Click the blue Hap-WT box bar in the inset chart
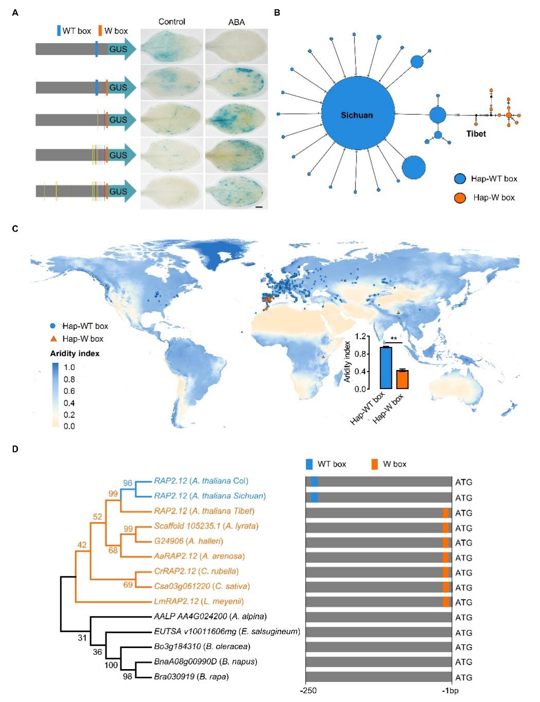(386, 368)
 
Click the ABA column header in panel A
(236, 22)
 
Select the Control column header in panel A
(172, 22)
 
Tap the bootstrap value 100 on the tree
(111, 665)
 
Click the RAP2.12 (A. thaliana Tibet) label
(204, 511)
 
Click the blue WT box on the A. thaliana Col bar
(314, 482)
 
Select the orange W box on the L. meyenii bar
(446, 602)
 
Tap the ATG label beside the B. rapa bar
(463, 677)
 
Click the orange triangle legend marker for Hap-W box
(53, 339)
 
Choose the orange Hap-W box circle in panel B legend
(461, 198)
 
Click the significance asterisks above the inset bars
(394, 339)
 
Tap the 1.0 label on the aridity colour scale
(69, 367)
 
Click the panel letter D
(16, 449)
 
